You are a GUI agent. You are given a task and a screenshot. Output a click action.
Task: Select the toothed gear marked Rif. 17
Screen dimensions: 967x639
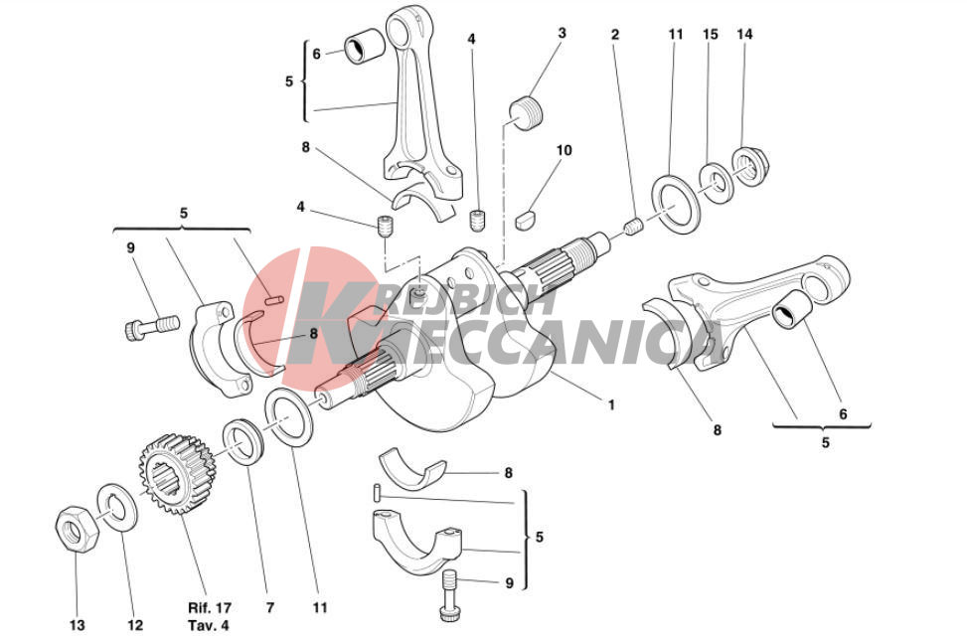pyautogui.click(x=177, y=474)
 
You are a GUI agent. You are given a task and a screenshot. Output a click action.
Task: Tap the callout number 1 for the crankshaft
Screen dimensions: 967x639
pyautogui.click(x=611, y=405)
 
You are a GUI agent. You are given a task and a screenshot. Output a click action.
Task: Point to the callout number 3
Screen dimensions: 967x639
pyautogui.click(x=562, y=33)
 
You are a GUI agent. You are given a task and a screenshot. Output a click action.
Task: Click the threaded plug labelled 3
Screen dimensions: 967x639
pyautogui.click(x=526, y=112)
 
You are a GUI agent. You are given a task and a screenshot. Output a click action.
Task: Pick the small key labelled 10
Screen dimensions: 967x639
pyautogui.click(x=526, y=220)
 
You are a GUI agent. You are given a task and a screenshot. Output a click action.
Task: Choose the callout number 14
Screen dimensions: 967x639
pyautogui.click(x=745, y=34)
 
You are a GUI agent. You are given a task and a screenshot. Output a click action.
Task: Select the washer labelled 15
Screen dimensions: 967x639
pyautogui.click(x=717, y=182)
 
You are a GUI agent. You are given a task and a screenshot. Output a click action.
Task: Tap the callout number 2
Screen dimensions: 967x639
pyautogui.click(x=615, y=35)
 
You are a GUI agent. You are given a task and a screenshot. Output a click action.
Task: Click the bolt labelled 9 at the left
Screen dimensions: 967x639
pyautogui.click(x=152, y=326)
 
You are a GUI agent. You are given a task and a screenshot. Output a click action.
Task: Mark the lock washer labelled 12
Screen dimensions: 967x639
pyautogui.click(x=118, y=508)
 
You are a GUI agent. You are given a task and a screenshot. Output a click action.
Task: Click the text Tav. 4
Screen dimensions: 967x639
pyautogui.click(x=209, y=625)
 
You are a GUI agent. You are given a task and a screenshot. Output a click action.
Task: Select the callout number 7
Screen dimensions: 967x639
pyautogui.click(x=269, y=607)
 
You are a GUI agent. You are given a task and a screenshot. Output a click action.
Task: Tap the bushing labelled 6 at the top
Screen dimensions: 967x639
pyautogui.click(x=364, y=46)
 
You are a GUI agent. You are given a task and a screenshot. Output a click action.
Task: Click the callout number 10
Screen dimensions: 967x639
pyautogui.click(x=564, y=150)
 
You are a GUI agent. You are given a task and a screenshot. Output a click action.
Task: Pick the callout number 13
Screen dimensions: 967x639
pyautogui.click(x=78, y=625)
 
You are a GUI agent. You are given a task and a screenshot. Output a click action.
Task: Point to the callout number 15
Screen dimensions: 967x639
pyautogui.click(x=711, y=34)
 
